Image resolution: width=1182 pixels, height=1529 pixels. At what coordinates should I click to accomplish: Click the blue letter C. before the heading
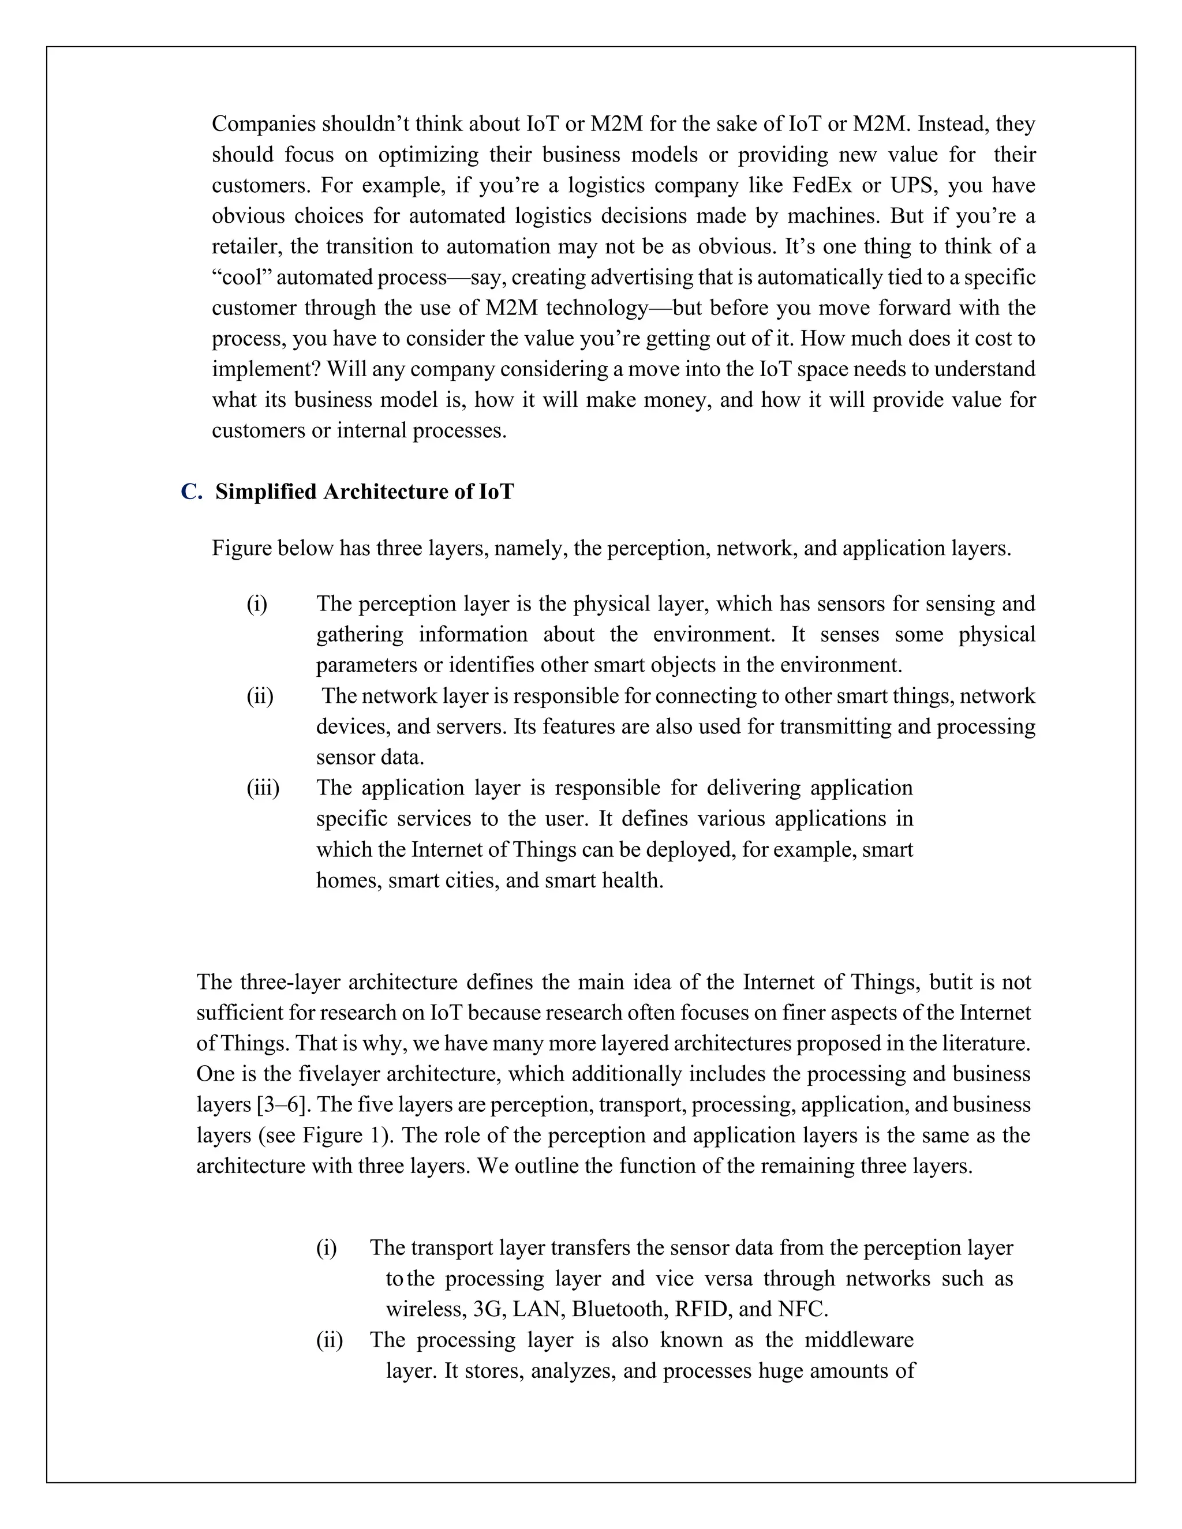coord(191,492)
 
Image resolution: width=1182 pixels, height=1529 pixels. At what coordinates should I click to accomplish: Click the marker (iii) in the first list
coord(263,788)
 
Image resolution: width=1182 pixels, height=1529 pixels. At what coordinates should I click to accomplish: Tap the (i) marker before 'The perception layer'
coord(256,604)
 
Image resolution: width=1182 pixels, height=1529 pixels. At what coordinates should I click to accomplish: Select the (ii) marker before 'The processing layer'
coord(329,1340)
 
